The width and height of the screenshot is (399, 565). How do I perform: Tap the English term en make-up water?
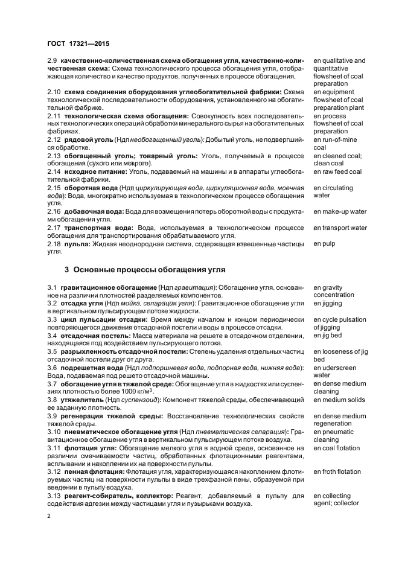pyautogui.click(x=340, y=212)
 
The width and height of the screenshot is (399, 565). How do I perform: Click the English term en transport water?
pyautogui.click(x=340, y=228)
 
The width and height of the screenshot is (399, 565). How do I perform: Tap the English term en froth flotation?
pyautogui.click(x=337, y=471)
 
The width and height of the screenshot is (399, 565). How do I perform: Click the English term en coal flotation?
pyautogui.click(x=336, y=448)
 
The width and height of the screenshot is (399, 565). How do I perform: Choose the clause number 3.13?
pyautogui.click(x=54, y=496)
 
